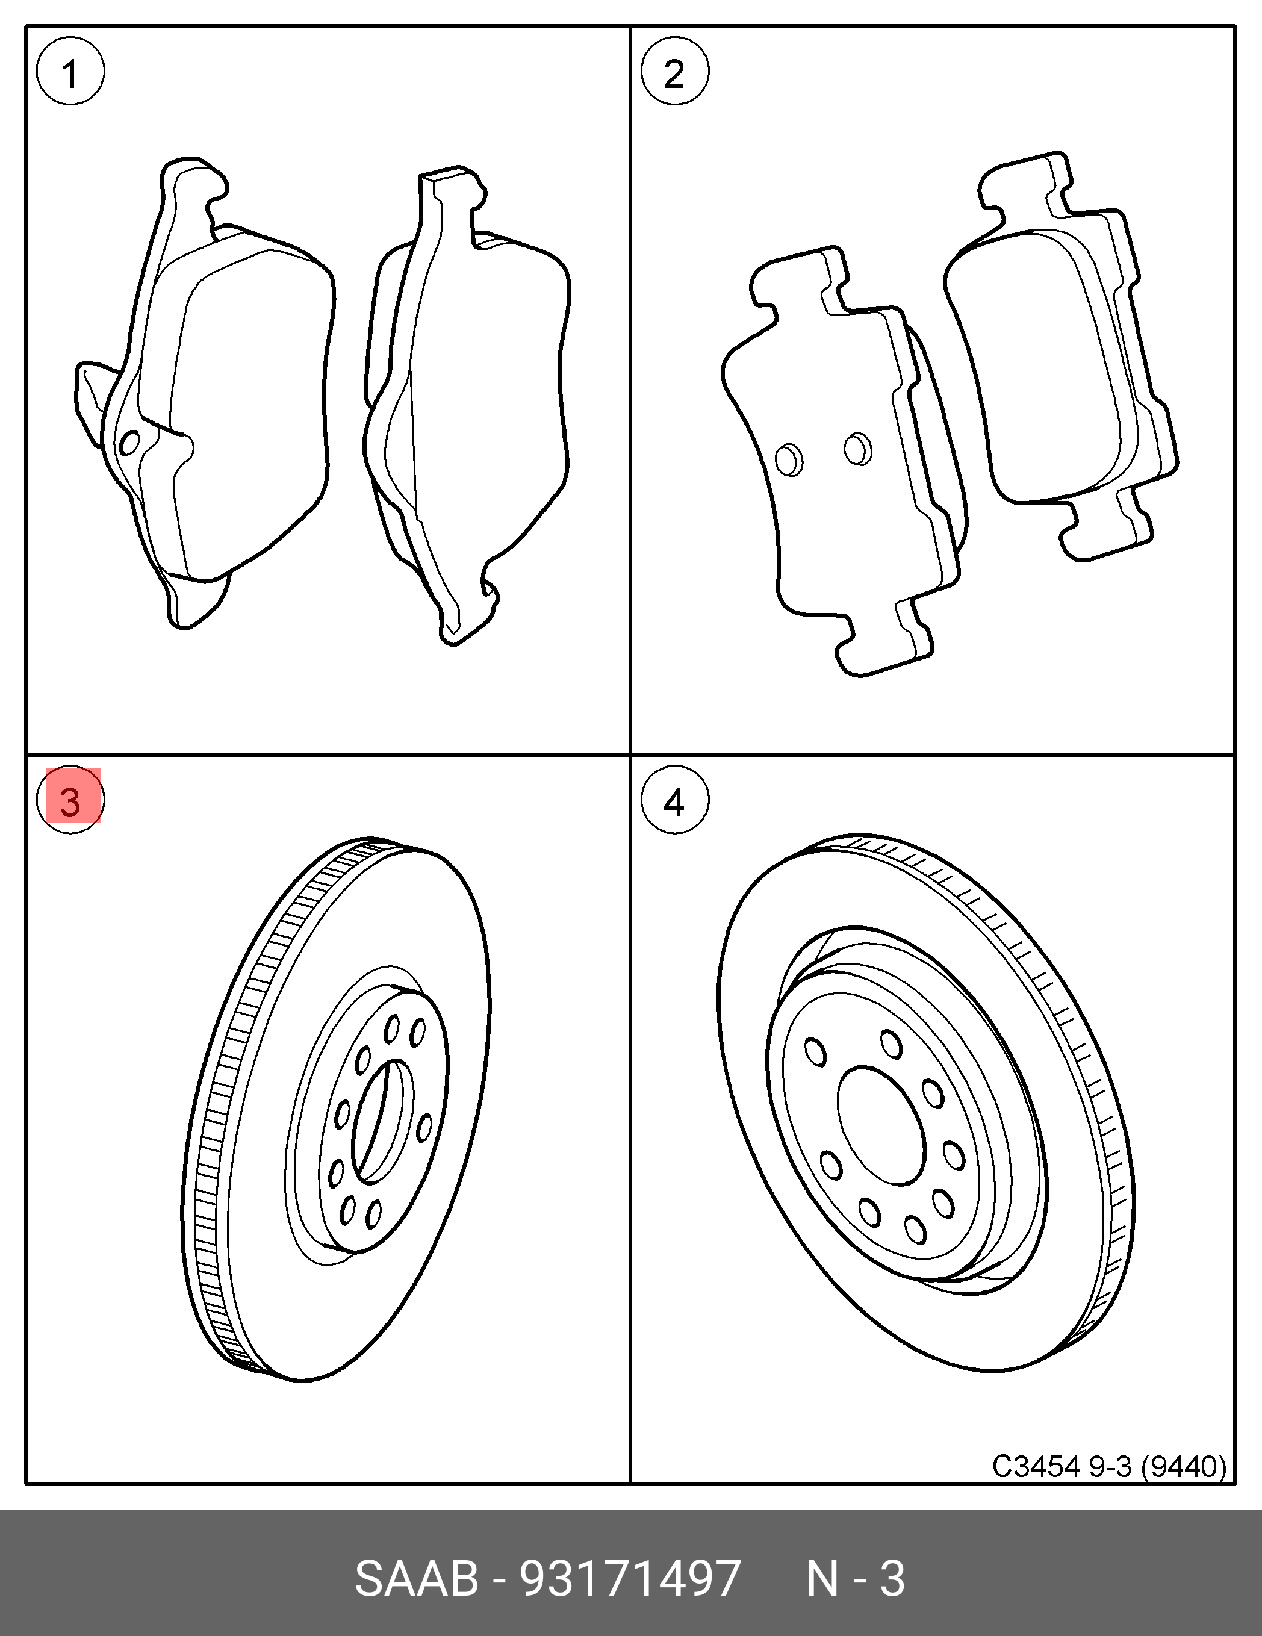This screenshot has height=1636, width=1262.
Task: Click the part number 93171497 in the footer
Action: [630, 1579]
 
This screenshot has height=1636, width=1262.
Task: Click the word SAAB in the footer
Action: [417, 1579]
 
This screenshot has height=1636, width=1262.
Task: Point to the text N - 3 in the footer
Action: [856, 1579]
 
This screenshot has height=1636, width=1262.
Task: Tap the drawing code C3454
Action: [1036, 1466]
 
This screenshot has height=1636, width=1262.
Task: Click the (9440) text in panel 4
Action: [1183, 1466]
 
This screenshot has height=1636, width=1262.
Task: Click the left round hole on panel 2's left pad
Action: [789, 459]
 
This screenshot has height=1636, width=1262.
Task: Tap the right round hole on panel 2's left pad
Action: [857, 449]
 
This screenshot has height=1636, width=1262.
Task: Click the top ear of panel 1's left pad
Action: [191, 184]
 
